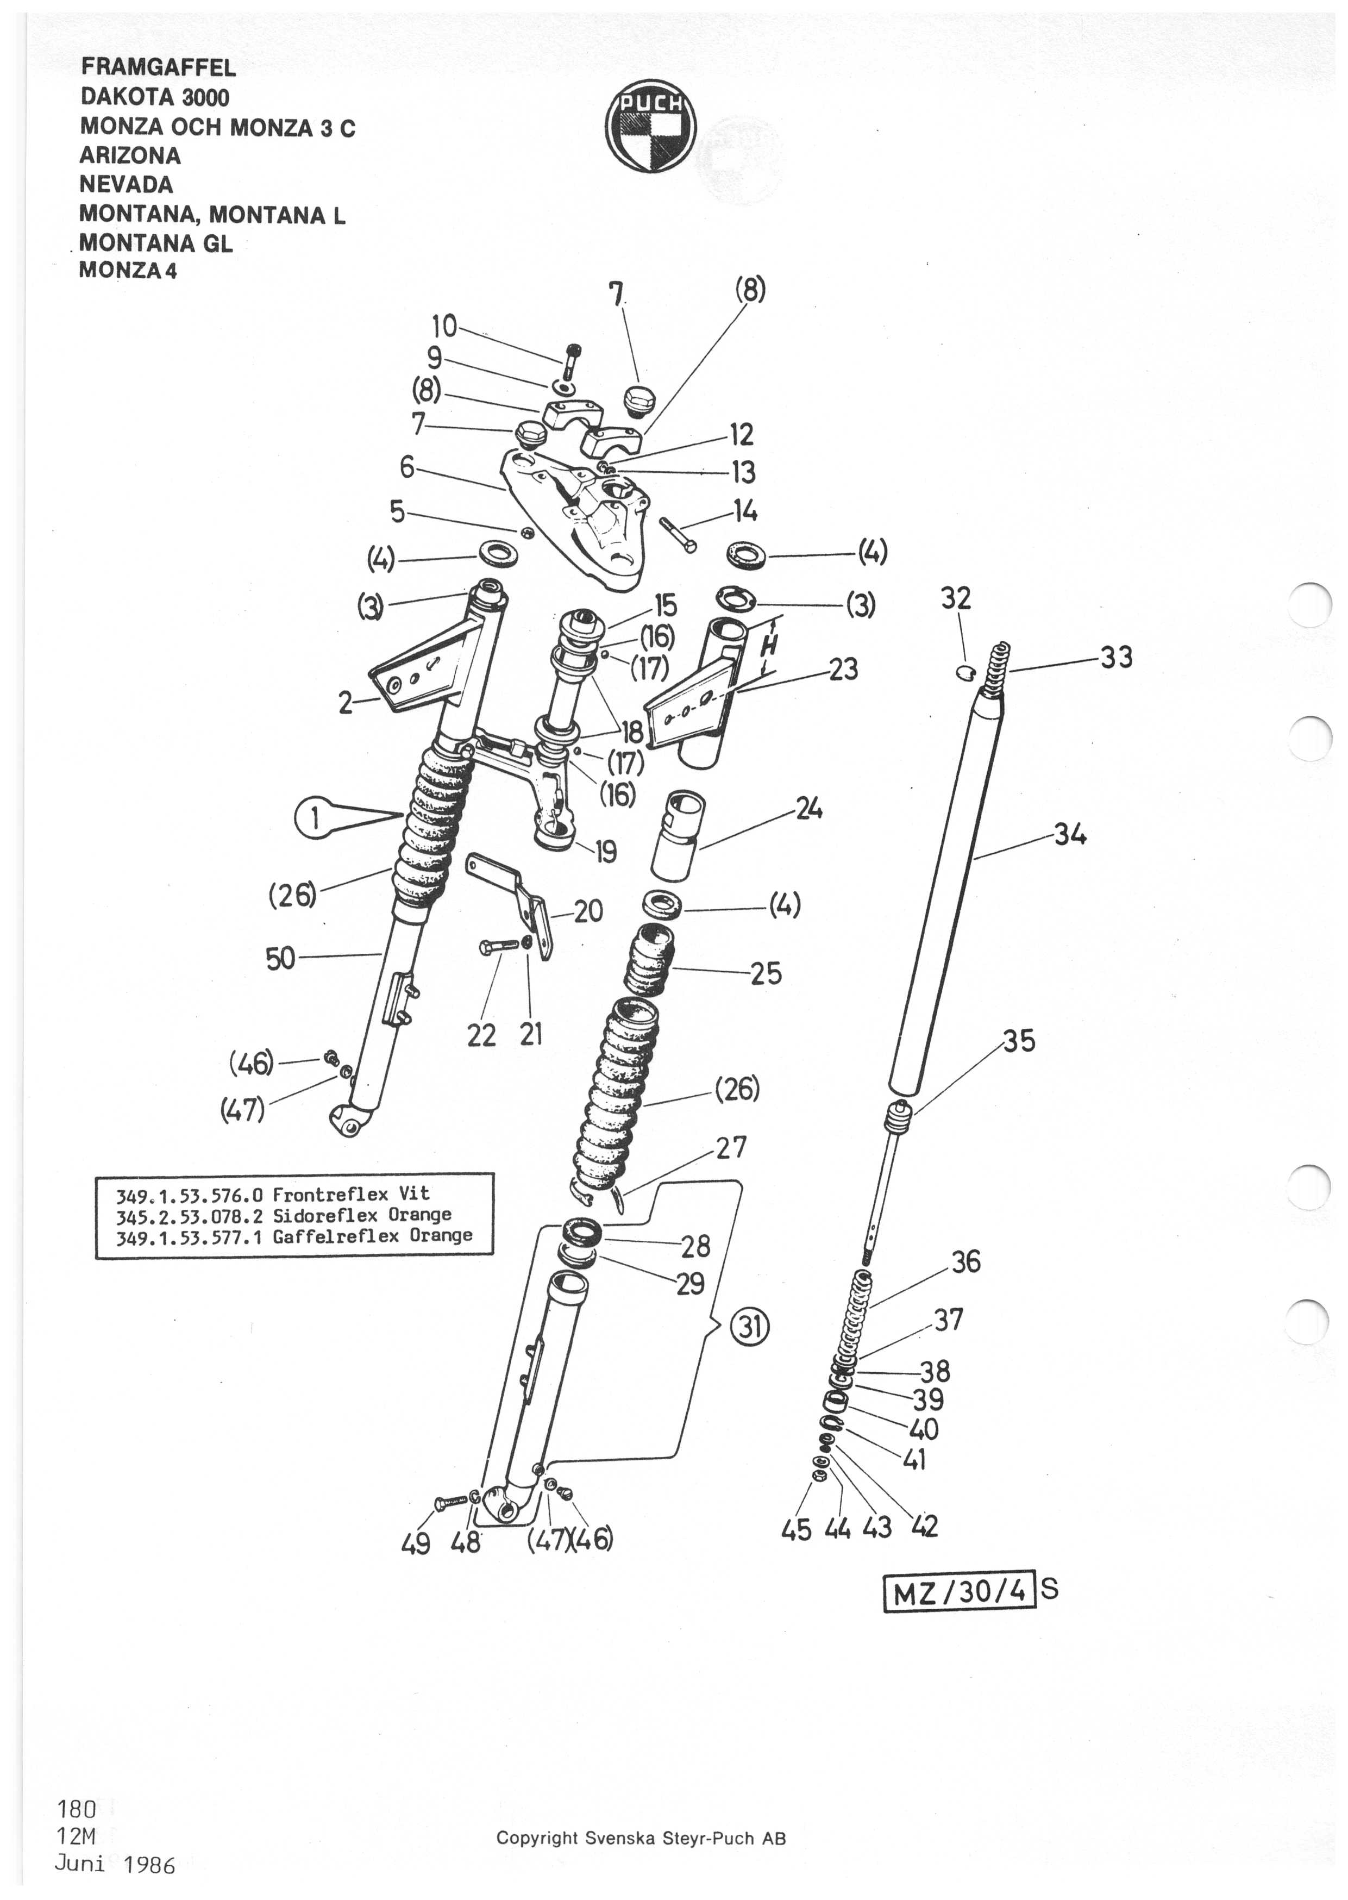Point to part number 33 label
1117,658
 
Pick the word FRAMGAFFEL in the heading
158,67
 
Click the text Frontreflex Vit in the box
351,1195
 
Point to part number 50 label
280,959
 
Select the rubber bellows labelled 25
648,960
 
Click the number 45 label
797,1529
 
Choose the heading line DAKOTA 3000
154,97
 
